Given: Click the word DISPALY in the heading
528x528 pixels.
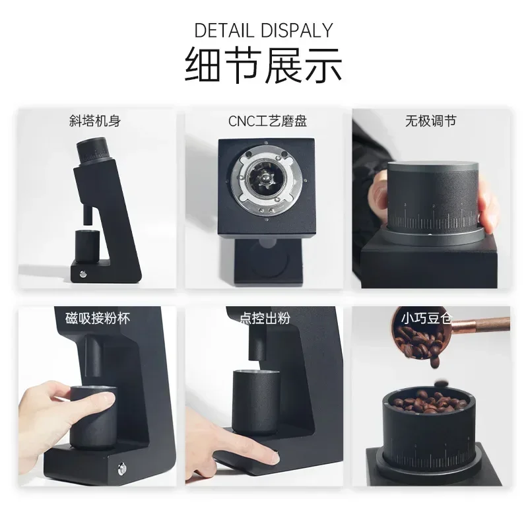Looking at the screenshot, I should point(297,30).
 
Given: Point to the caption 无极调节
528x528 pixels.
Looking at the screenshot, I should point(430,121).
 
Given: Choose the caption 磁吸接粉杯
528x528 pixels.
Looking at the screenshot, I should point(98,317).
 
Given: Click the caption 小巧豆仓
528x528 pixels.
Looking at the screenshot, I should point(426,317).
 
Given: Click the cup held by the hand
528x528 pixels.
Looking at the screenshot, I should point(92,416).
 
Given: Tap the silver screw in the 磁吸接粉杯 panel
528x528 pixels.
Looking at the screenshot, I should point(122,469).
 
